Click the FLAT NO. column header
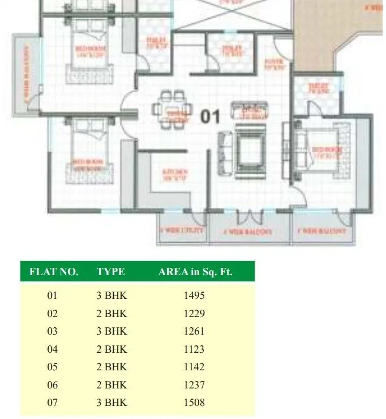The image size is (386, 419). [x=53, y=272]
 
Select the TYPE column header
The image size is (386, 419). [x=110, y=272]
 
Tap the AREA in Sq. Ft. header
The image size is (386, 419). [x=195, y=272]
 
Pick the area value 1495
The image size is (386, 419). [x=194, y=296]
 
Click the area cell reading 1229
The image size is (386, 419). [x=194, y=314]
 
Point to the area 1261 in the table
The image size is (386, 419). [x=194, y=331]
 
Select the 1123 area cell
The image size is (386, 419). [x=194, y=349]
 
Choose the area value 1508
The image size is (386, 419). [x=194, y=403]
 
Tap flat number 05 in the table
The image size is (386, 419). [x=53, y=367]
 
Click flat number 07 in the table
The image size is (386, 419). [x=53, y=403]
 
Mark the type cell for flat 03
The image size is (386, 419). [x=112, y=331]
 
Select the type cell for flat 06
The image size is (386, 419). [x=112, y=385]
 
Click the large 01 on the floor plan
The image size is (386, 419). [x=211, y=117]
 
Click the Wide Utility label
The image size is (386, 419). [x=182, y=231]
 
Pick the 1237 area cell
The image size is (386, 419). [x=194, y=385]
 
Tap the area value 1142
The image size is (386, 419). [x=194, y=367]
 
